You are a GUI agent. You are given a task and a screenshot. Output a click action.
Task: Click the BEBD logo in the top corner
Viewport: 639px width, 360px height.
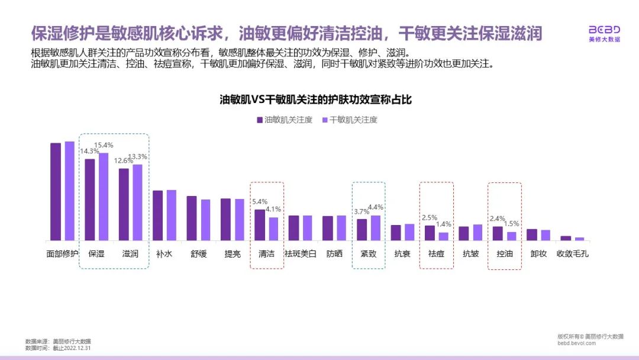coord(604,33)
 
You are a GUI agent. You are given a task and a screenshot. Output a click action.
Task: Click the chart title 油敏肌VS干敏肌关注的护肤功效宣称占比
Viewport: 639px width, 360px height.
coord(315,100)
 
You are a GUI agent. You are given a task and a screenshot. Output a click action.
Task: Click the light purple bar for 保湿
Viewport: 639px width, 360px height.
coord(104,197)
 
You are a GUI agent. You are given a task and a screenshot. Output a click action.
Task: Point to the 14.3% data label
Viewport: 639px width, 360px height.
coord(91,151)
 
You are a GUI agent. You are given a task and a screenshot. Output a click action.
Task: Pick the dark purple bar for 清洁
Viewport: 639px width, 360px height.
coord(260,225)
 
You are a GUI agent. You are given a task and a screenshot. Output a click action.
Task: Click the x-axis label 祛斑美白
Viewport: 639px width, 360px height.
coord(301,253)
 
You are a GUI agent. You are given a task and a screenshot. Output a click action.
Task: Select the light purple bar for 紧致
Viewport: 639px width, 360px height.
coord(375,228)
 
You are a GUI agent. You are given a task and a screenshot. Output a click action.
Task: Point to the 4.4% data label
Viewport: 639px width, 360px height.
coord(376,207)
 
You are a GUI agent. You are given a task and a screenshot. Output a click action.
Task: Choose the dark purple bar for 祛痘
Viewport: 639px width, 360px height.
coord(430,233)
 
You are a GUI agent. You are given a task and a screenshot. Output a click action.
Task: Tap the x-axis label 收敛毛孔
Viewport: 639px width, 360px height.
coord(572,253)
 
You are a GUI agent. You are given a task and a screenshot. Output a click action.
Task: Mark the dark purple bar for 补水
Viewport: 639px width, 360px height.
coord(158,216)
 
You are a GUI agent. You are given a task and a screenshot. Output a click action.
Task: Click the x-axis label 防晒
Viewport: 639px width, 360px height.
coord(334,253)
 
